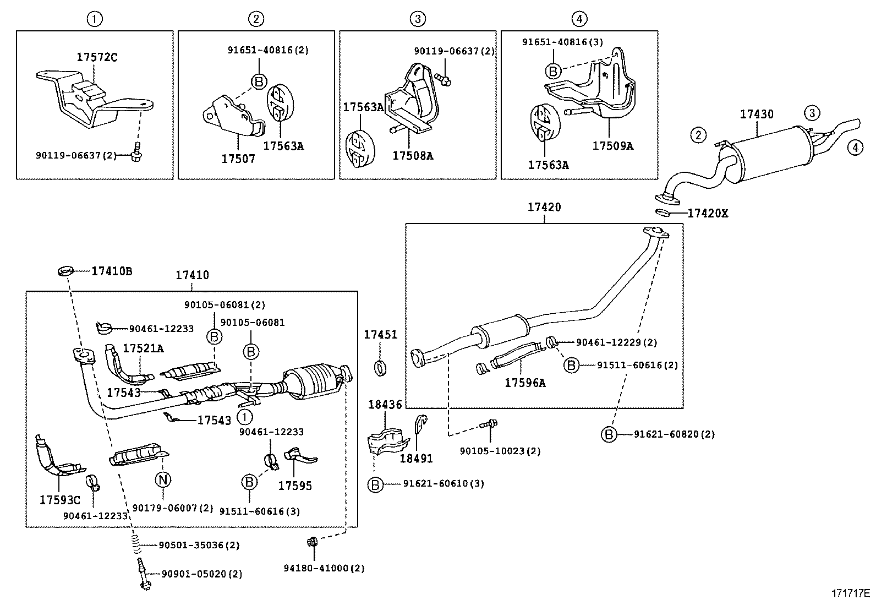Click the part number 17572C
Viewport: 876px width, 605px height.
point(97,57)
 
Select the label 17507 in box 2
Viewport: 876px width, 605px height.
point(238,159)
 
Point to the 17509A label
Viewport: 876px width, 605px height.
point(612,146)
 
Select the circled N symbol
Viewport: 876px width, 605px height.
point(163,480)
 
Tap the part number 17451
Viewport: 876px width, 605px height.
point(380,335)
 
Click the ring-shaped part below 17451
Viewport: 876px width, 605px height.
point(380,368)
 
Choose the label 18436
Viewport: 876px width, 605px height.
point(385,405)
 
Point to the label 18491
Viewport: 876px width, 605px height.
point(416,458)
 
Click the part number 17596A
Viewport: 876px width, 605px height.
point(525,383)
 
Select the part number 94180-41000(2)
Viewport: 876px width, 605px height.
point(332,568)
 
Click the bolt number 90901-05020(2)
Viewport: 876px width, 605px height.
point(201,574)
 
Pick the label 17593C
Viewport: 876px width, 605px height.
point(59,500)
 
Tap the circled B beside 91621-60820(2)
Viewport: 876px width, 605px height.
point(609,434)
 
